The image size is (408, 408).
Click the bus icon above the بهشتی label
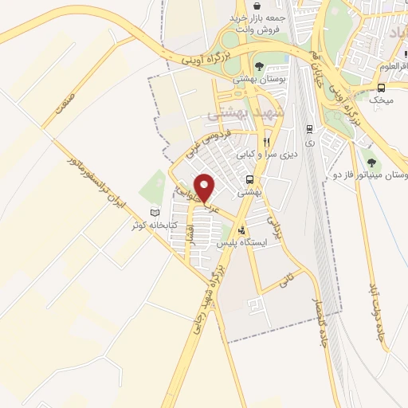coord(249,179)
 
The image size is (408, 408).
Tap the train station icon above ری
coord(309,129)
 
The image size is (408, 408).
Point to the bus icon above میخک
coord(382,88)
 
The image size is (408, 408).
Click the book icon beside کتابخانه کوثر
coord(155,212)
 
